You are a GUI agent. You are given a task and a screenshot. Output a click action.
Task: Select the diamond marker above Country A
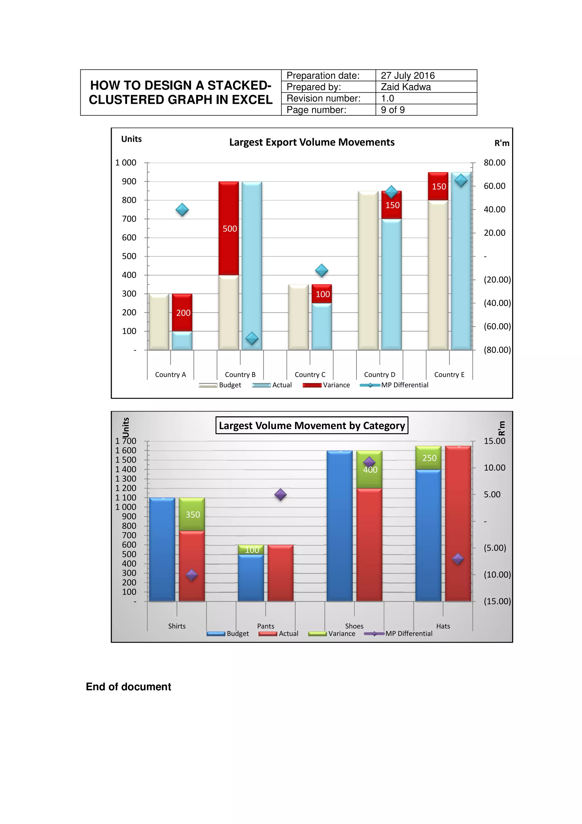[x=182, y=210]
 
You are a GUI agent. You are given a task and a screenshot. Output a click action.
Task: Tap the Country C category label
[x=310, y=375]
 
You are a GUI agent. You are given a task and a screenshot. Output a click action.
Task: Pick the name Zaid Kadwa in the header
[x=406, y=87]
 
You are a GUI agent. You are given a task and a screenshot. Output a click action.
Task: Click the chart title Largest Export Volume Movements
[x=312, y=142]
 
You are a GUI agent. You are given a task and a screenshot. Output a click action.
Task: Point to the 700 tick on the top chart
[x=129, y=219]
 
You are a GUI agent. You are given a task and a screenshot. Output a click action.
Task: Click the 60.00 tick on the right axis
[x=494, y=186]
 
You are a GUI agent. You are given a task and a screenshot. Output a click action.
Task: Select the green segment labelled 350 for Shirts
[x=192, y=514]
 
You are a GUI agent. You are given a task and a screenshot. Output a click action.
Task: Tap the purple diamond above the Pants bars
[x=280, y=494]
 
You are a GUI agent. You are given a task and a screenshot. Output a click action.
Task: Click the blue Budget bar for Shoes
[x=339, y=526]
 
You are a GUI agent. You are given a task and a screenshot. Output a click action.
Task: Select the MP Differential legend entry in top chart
[x=404, y=385]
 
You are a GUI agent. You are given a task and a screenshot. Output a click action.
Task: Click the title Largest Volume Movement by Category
[x=312, y=426]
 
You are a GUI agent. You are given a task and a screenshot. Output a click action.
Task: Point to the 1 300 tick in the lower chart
[x=126, y=479]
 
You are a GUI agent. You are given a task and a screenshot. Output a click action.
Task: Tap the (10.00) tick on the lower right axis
[x=497, y=575]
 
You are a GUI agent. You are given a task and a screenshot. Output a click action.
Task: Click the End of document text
[x=128, y=687]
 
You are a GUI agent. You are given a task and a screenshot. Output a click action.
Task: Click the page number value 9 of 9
[x=393, y=110]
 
